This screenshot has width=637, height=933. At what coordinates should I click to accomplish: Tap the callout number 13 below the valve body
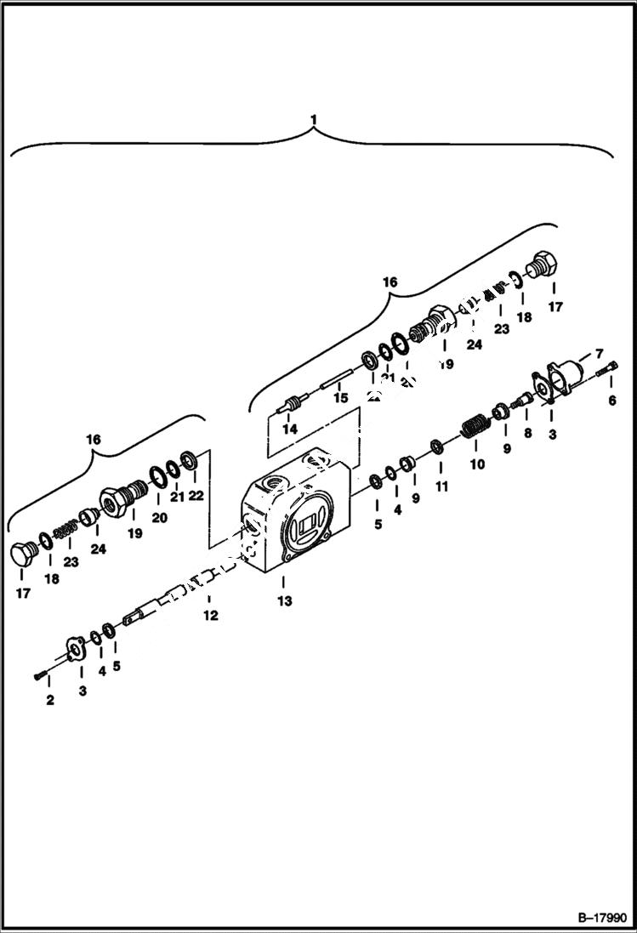pyautogui.click(x=284, y=600)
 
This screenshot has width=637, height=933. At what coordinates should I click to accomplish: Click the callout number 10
pyautogui.click(x=477, y=464)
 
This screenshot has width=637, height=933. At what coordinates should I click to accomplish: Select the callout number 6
pyautogui.click(x=611, y=401)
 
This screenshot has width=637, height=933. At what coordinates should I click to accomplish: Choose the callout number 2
pyautogui.click(x=50, y=700)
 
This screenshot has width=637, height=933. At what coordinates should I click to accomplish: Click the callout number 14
pyautogui.click(x=291, y=430)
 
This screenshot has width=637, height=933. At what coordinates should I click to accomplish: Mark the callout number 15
pyautogui.click(x=340, y=397)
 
